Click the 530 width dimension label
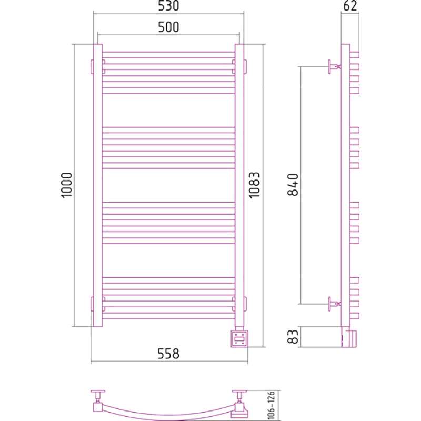tap(168, 6)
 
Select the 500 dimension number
tap(168, 27)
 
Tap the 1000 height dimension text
tap(67, 185)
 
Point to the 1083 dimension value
tap(255, 185)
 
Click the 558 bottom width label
tap(168, 354)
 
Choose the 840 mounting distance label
tap(293, 185)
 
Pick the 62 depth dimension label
tap(350, 6)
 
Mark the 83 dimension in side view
tap(293, 337)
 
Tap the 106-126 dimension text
tap(271, 405)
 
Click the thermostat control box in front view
tap(239, 339)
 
